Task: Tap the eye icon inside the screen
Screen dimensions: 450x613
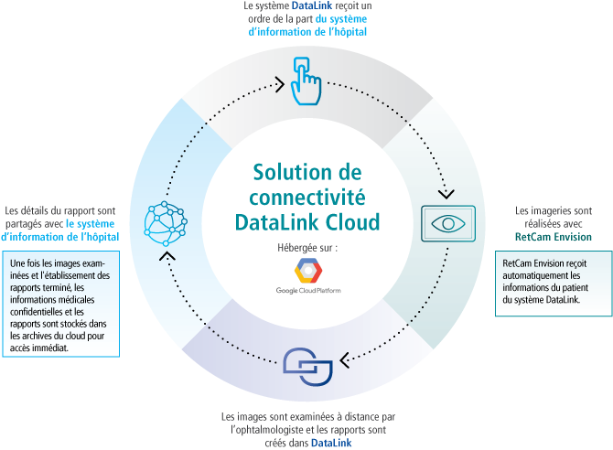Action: tap(447, 223)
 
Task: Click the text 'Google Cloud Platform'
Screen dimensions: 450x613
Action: tap(307, 291)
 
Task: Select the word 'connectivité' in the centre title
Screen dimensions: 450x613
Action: tap(307, 197)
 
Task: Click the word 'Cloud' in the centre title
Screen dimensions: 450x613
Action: tap(353, 221)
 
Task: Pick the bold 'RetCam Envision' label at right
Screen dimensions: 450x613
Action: tap(553, 237)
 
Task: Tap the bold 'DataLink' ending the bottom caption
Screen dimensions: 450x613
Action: tap(328, 444)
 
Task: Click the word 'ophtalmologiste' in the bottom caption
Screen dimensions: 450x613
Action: tap(274, 430)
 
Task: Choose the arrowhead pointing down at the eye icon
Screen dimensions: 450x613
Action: tap(447, 195)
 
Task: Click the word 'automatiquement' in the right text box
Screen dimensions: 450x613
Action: tap(535, 274)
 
